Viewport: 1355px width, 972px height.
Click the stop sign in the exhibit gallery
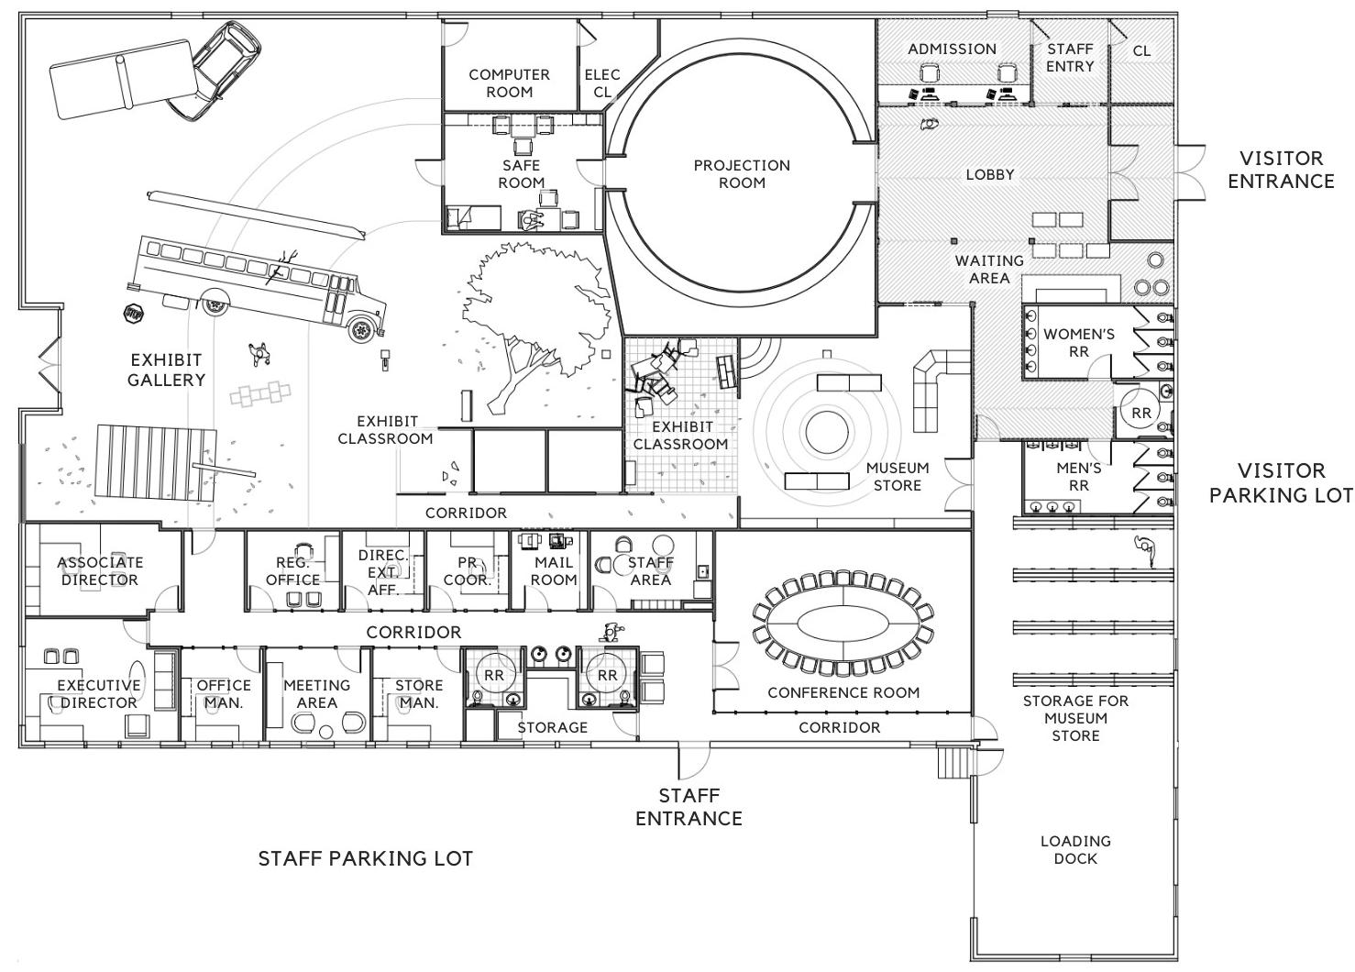[x=133, y=315]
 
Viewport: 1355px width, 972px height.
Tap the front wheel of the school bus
[x=361, y=330]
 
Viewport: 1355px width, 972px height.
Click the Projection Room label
[x=742, y=173]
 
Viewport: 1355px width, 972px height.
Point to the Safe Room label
[x=521, y=173]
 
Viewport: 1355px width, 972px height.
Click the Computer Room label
[x=510, y=83]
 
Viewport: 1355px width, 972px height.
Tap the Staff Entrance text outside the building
[x=689, y=807]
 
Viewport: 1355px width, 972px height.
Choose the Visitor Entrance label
[x=1281, y=170]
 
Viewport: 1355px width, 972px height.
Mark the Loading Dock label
[x=1075, y=849]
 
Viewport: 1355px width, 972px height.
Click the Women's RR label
[x=1078, y=343]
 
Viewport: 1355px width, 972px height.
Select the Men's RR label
[x=1078, y=476]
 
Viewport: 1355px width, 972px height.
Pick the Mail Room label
[x=554, y=570]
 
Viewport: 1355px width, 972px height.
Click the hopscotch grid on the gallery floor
[x=260, y=394]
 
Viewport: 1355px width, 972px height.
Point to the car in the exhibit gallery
[x=215, y=72]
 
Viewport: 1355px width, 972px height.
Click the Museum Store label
[x=898, y=476]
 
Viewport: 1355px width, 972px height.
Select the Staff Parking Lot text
[x=366, y=858]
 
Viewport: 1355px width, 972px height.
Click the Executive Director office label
[x=99, y=693]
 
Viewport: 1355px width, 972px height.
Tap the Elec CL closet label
[x=602, y=83]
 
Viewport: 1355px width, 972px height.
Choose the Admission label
[x=953, y=49]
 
